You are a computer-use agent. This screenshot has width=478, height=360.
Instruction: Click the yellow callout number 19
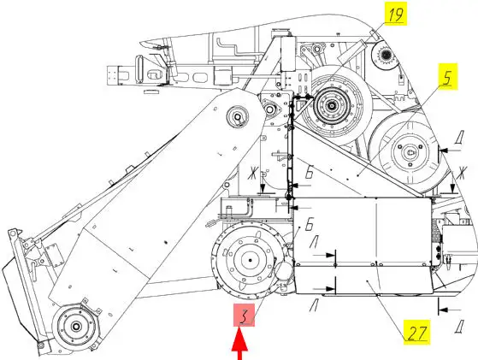[x=395, y=14]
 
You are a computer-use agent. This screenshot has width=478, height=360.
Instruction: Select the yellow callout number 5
[x=448, y=76]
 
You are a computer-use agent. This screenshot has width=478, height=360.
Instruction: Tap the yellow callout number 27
[x=416, y=333]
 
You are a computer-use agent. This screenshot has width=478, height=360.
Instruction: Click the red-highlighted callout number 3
[x=245, y=316]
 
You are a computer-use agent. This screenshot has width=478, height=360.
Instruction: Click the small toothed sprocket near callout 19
[x=386, y=56]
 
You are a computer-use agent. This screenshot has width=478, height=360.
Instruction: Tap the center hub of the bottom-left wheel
[x=75, y=327]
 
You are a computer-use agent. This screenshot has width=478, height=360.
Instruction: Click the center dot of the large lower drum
[x=250, y=260]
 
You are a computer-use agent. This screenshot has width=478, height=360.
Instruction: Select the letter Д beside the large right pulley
[x=459, y=138]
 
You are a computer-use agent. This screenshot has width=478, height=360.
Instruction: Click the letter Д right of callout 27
[x=459, y=328]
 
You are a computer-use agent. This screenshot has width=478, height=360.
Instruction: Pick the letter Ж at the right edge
[x=462, y=174]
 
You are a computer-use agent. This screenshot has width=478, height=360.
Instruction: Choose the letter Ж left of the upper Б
[x=252, y=174]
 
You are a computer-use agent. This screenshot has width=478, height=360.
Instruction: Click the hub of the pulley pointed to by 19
[x=331, y=106]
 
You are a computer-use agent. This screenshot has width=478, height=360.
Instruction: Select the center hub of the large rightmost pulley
[x=409, y=152]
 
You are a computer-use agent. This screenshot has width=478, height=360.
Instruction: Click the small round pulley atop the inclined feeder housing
[x=238, y=117]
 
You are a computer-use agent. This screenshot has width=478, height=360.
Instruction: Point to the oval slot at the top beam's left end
[x=140, y=68]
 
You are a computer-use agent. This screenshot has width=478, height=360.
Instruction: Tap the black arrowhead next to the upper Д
[x=444, y=150]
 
